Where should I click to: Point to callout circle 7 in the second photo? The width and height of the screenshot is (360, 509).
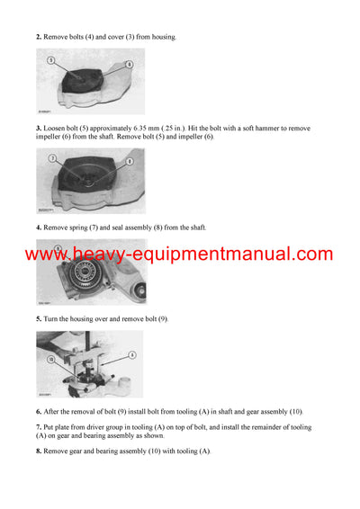tap(53, 158)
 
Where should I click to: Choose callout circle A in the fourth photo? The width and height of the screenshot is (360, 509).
tap(132, 355)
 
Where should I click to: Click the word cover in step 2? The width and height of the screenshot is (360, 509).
tap(122, 37)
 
